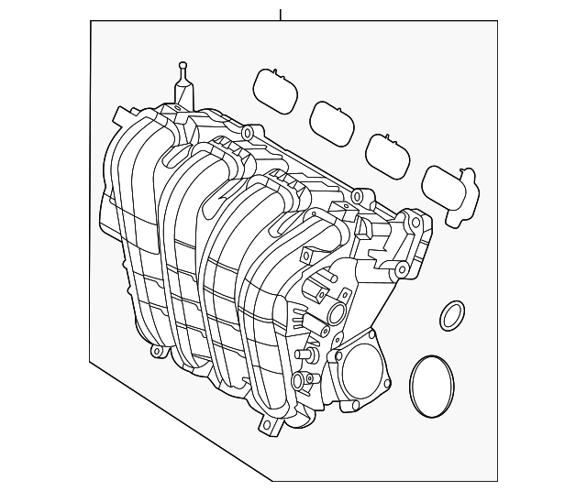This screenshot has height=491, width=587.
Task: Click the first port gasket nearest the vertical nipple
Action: [272, 89]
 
